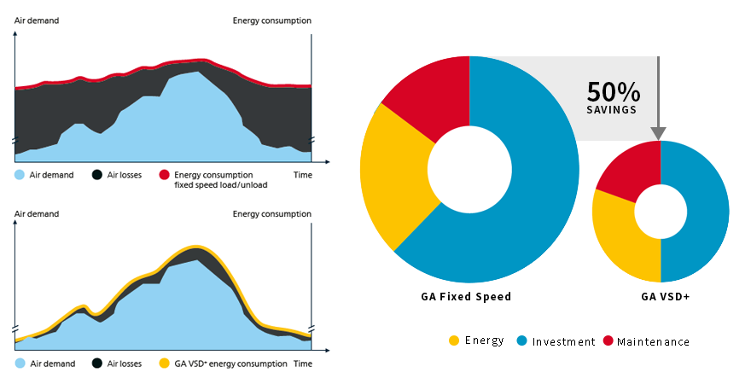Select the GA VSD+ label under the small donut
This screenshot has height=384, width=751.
[x=667, y=298]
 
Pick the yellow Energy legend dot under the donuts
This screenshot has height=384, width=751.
[x=454, y=340]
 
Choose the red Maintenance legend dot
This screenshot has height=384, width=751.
[x=608, y=340]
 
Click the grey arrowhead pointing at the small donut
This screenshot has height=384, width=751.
[x=659, y=133]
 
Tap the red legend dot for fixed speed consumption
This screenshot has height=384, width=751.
[x=165, y=175]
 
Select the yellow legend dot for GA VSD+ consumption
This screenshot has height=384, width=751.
[x=165, y=364]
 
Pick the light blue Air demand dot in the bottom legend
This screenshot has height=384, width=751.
[x=20, y=364]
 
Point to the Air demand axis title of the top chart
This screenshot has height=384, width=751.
[x=37, y=20]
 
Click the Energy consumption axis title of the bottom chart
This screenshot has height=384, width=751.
[x=271, y=214]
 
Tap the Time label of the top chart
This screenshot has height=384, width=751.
[x=303, y=175]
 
